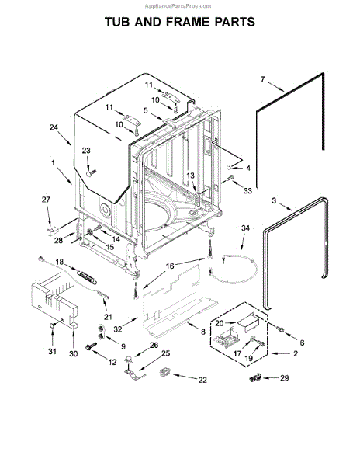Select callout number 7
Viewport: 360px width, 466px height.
[x=261, y=79]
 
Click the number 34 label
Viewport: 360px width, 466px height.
[x=245, y=228]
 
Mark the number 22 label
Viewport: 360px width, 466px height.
[x=202, y=380]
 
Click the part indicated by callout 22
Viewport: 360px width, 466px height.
[x=164, y=374]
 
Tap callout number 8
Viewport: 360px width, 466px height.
[x=203, y=332]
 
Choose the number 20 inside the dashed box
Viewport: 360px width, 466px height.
[x=219, y=322]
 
